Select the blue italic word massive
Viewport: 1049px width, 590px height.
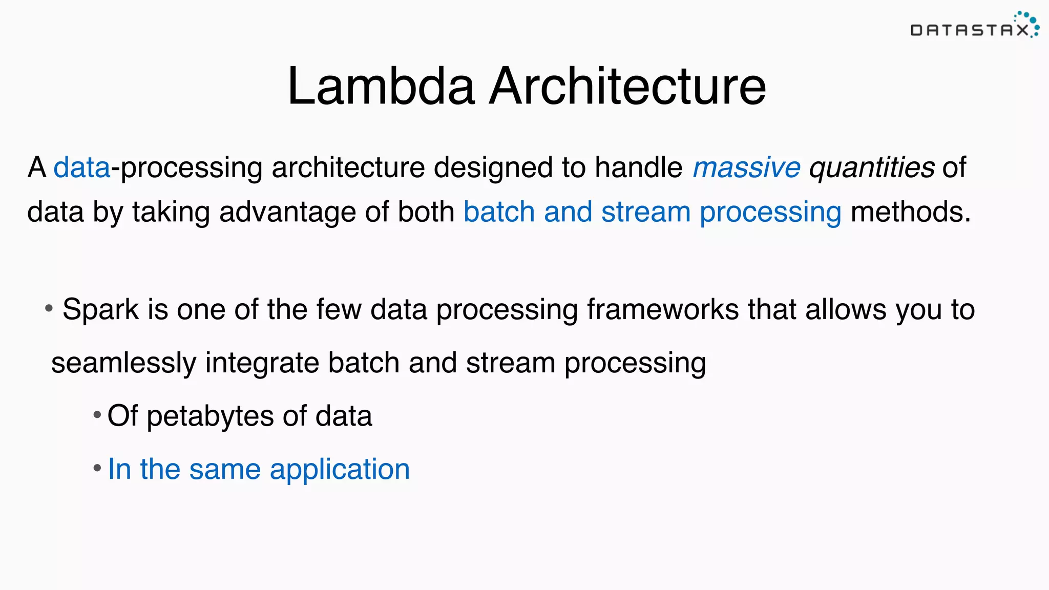click(x=746, y=167)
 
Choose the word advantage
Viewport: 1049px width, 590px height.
click(x=287, y=212)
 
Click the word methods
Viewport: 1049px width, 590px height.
click(x=910, y=212)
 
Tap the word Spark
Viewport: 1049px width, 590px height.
click(x=100, y=310)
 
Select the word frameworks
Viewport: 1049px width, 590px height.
click(x=662, y=310)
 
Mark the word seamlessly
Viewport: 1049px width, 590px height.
click(x=123, y=363)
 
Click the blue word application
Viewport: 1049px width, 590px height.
click(x=340, y=469)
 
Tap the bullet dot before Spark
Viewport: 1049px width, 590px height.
click(x=49, y=308)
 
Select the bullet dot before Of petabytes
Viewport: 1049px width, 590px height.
click(x=97, y=414)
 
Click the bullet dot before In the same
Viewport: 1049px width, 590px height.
click(x=97, y=468)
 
